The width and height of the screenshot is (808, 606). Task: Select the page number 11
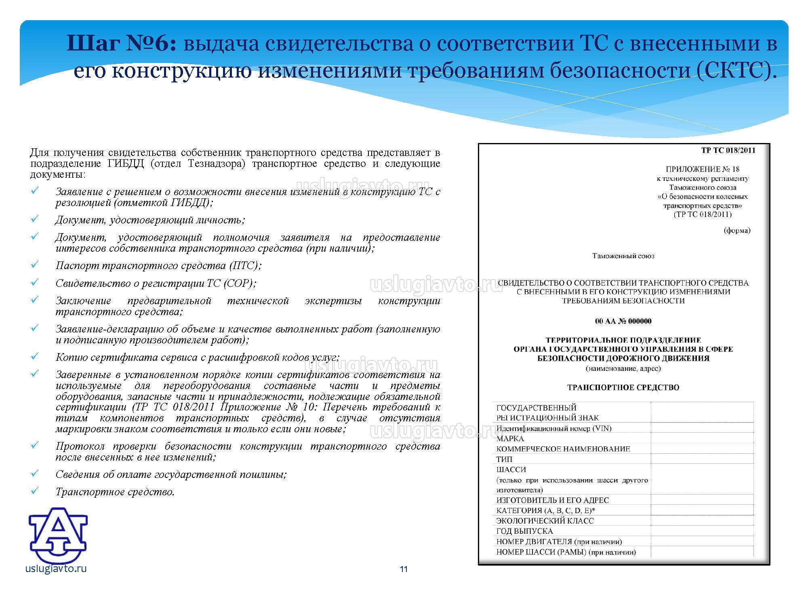[x=404, y=570]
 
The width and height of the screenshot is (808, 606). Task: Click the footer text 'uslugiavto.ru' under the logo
[x=56, y=569]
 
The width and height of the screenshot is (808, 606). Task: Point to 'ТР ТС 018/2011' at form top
[x=728, y=151]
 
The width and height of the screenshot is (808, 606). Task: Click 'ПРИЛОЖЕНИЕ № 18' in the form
[x=703, y=169]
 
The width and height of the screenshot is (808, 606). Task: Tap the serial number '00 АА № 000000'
[x=623, y=322]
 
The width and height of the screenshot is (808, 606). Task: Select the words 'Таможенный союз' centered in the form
[x=623, y=256]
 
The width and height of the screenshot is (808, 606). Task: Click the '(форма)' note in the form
[x=737, y=231]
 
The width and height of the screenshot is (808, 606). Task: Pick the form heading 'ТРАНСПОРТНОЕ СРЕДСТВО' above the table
[x=623, y=387]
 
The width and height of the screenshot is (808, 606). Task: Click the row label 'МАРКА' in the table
[x=510, y=438]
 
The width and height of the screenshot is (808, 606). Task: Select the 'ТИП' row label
[x=504, y=459]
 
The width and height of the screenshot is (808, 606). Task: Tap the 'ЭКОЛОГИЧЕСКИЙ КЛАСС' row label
[x=545, y=521]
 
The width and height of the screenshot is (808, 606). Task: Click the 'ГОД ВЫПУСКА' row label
[x=524, y=531]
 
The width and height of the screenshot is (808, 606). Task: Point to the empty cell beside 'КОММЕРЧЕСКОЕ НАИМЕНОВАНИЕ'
[x=702, y=448]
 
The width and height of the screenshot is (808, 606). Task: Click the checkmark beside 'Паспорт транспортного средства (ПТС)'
[x=34, y=265]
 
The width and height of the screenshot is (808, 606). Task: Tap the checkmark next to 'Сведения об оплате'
[x=34, y=473]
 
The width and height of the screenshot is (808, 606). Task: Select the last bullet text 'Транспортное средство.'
[x=115, y=492]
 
